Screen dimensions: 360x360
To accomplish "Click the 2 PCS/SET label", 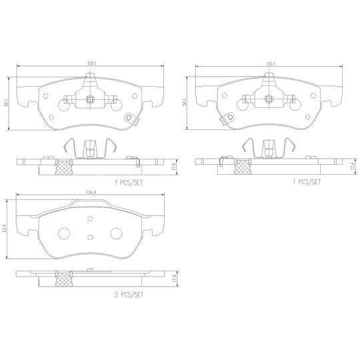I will click(129, 293).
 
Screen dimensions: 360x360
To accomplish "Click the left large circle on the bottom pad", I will click(65, 234).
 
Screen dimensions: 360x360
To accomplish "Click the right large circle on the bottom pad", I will click(117, 234).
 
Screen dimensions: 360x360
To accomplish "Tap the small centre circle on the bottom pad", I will click(91, 237).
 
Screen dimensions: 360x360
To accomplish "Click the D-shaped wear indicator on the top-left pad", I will click(130, 119).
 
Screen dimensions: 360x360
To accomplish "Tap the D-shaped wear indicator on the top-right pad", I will click(230, 118).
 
